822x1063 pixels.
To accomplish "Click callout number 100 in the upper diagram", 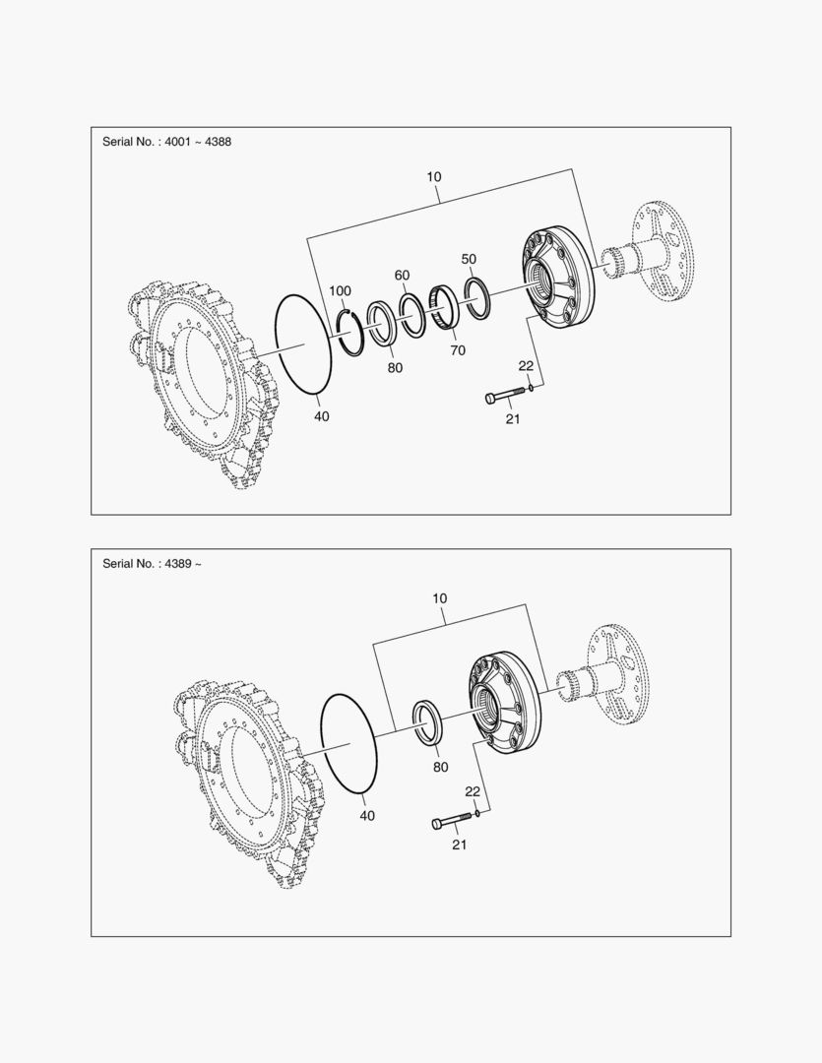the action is pyautogui.click(x=340, y=290).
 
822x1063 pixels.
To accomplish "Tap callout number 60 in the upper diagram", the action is pyautogui.click(x=403, y=276).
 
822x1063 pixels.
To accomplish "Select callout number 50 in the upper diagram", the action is pyautogui.click(x=469, y=259).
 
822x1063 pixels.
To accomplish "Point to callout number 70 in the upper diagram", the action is pyautogui.click(x=458, y=350).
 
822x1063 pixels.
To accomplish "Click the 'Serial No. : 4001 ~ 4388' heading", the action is pyautogui.click(x=166, y=142).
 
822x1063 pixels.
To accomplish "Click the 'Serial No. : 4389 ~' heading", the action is pyautogui.click(x=152, y=563).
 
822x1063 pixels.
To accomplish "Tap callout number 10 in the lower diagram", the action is pyautogui.click(x=439, y=598).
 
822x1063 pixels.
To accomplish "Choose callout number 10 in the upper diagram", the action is pyautogui.click(x=434, y=177).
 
